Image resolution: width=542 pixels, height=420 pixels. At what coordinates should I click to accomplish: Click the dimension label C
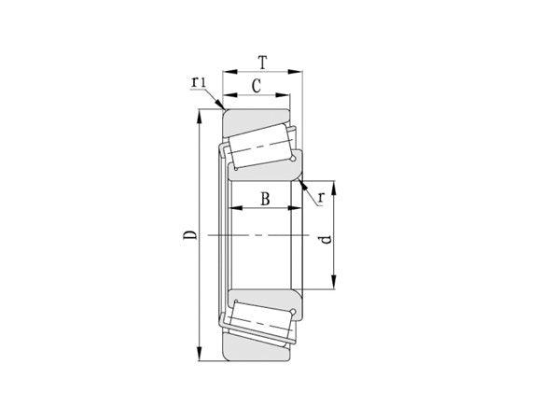click(x=256, y=87)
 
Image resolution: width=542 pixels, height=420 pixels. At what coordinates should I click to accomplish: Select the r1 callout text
click(x=199, y=83)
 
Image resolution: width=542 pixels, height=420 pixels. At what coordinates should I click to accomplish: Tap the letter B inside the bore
click(x=264, y=198)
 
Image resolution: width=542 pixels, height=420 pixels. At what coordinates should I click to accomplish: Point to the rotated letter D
click(x=189, y=235)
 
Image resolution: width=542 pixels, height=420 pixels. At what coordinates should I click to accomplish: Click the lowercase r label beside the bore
click(x=321, y=197)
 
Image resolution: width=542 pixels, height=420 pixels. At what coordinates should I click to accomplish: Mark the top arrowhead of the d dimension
click(x=335, y=182)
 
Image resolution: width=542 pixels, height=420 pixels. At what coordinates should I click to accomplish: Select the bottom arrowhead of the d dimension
click(x=335, y=288)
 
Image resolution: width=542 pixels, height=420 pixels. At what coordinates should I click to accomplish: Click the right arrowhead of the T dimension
click(x=300, y=71)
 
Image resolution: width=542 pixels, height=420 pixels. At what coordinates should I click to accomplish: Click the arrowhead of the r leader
click(x=302, y=183)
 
